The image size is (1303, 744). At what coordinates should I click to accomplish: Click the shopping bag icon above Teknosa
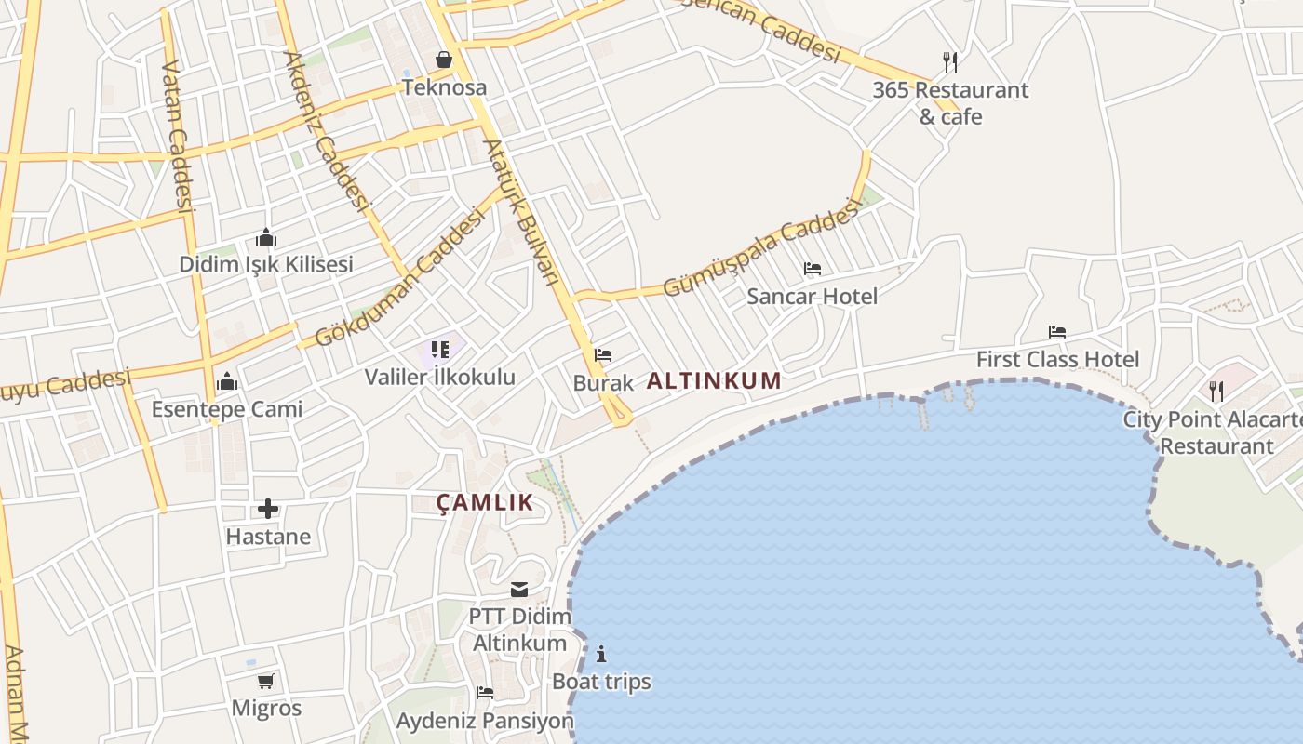point(444,60)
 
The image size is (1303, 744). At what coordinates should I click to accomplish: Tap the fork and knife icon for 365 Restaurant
point(949,62)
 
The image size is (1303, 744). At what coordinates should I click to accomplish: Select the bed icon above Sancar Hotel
point(812,269)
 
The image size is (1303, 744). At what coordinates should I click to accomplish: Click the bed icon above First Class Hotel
point(1056,331)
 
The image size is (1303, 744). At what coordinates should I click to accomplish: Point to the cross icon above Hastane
point(268,509)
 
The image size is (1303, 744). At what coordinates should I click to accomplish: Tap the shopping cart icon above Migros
point(266,681)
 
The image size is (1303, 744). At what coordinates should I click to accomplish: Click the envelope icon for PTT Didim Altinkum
point(519,590)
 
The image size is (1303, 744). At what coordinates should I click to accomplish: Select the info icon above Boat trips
point(601,654)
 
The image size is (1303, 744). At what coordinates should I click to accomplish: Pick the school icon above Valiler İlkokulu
point(439,350)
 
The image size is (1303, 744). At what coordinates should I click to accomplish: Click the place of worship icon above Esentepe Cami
point(226,381)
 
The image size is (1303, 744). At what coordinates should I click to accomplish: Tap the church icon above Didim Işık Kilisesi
point(266,237)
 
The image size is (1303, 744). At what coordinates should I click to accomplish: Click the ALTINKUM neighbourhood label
point(714,380)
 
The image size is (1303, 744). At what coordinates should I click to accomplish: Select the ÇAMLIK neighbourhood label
point(485,503)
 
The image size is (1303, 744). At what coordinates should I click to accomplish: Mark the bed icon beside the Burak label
point(603,355)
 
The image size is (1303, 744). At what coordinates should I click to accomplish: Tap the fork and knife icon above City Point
point(1216,391)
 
